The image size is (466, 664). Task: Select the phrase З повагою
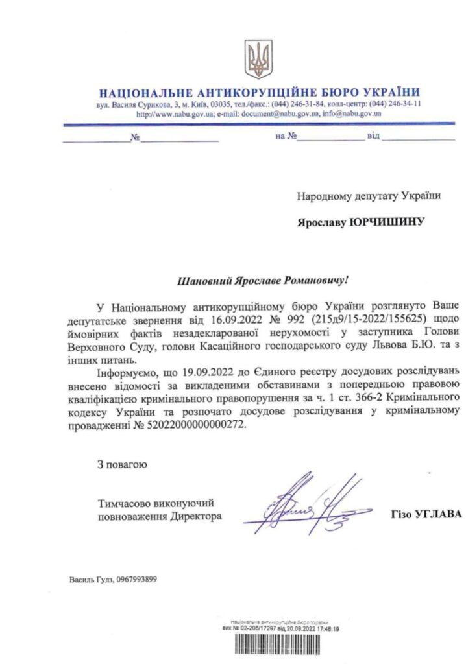pos(123,464)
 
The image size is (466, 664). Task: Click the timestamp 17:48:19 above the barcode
pos(328,628)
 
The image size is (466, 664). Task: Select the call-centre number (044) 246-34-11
pos(393,104)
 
